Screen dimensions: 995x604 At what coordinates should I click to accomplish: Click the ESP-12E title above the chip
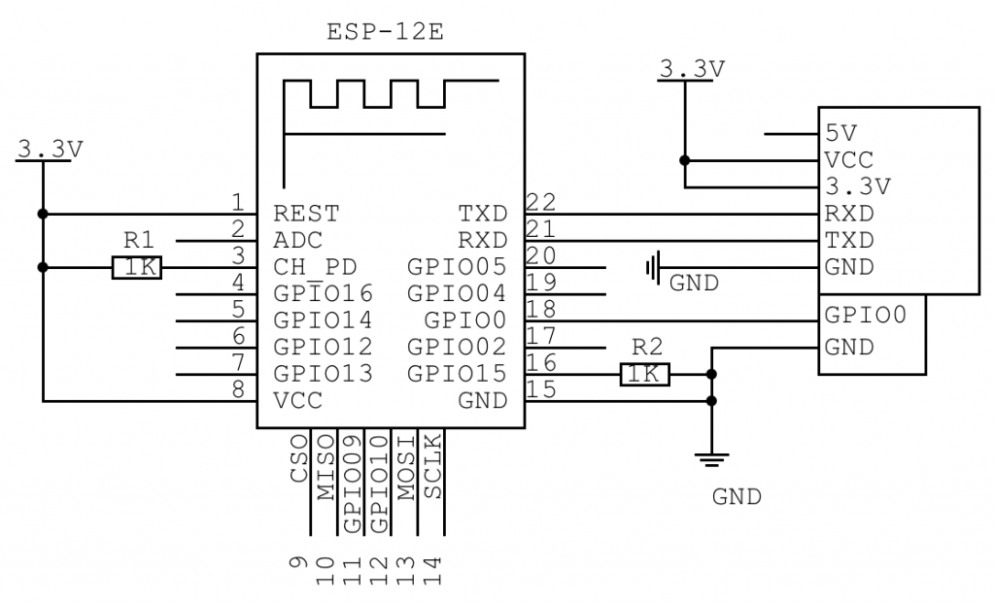coord(385,32)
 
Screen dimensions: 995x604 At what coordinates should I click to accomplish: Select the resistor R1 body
coord(137,268)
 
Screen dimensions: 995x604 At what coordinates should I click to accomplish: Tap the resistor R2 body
coord(644,374)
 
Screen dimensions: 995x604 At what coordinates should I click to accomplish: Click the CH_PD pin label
coord(315,267)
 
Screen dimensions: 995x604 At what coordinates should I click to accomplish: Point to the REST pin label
coord(306,214)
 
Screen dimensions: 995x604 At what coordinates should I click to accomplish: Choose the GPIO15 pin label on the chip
coord(457,374)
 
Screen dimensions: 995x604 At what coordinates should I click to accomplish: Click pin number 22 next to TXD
coord(541,202)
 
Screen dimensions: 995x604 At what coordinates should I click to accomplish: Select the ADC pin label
coord(298,241)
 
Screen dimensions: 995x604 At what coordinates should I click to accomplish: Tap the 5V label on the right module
coord(841,133)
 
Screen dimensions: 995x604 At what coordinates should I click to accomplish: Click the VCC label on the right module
coord(849,160)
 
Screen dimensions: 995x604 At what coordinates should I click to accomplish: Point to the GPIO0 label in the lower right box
coord(866,315)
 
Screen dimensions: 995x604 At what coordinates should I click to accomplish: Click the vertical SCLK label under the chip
coord(432,466)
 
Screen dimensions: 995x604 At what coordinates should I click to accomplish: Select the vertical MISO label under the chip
coord(325,467)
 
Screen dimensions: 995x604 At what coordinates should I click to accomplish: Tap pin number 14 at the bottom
coord(432,571)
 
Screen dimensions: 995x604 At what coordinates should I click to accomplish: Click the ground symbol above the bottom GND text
coord(711,460)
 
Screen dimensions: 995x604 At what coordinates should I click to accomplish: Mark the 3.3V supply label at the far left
coord(51,150)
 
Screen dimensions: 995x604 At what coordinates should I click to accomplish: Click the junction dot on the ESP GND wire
coord(711,401)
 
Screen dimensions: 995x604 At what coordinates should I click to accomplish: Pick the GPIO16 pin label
coord(323,294)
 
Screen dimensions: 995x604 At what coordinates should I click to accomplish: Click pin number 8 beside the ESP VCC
coord(239,389)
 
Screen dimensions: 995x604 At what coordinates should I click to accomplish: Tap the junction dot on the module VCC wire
coord(685,160)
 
